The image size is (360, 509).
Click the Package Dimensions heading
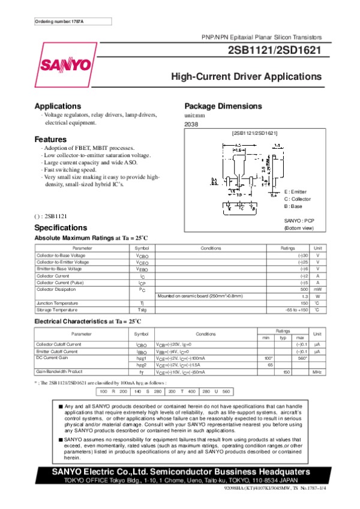click(223, 106)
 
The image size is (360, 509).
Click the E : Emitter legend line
click(295, 191)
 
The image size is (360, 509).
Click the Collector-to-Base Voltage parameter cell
click(62, 255)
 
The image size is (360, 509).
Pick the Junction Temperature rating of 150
click(304, 303)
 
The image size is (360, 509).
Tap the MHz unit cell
click(317, 372)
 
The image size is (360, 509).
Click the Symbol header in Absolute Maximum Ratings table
click(142, 248)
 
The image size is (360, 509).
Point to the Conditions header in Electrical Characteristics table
click(206, 334)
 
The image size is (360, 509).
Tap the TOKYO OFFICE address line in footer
click(180, 480)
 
